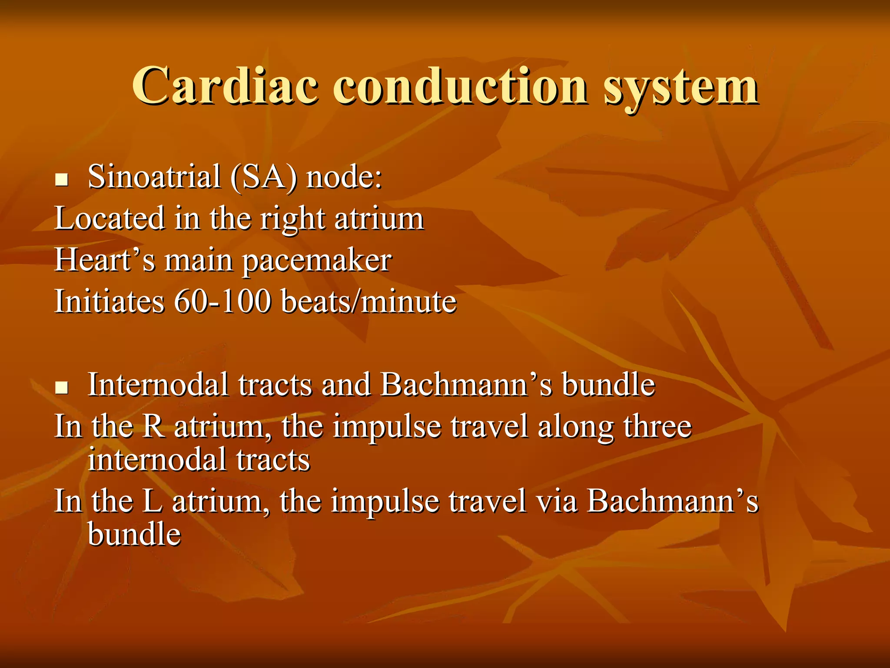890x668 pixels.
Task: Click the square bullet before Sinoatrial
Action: click(62, 180)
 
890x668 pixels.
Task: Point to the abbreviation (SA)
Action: click(264, 177)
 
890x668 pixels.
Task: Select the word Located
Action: click(110, 218)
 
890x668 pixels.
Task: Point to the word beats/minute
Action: click(369, 301)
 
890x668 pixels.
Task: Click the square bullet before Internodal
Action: click(62, 387)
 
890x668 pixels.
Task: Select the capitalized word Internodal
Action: click(158, 385)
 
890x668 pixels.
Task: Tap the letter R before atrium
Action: click(153, 427)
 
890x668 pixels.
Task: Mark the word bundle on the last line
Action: click(134, 534)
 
